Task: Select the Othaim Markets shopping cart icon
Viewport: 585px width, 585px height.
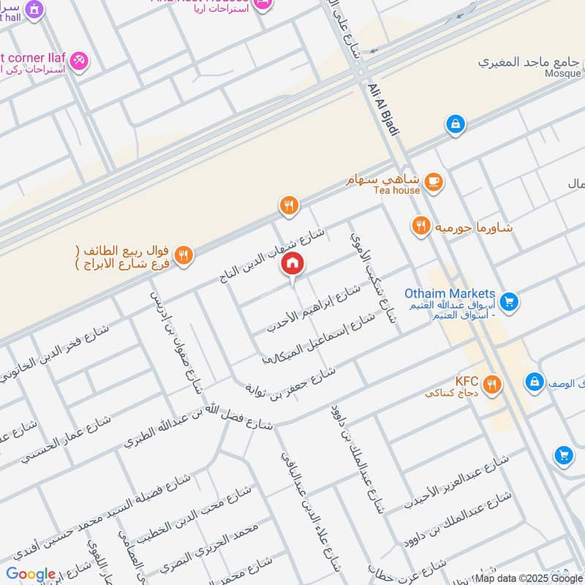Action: click(509, 300)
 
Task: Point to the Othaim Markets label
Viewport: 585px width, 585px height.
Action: click(450, 293)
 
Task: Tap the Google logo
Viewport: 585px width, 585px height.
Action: click(30, 574)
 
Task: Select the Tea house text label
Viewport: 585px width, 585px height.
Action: click(396, 190)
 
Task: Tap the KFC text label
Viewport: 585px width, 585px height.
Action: click(466, 381)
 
